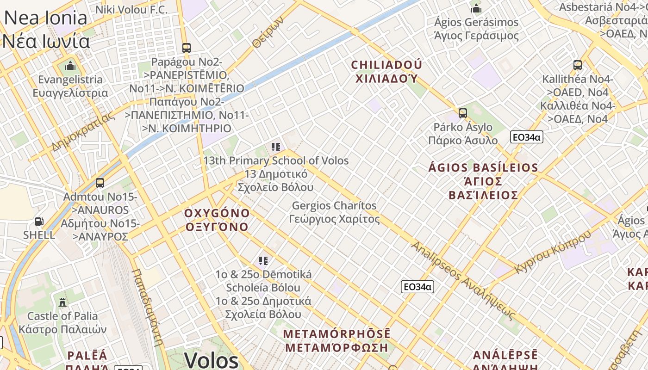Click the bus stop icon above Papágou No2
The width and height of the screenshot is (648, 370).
click(x=187, y=48)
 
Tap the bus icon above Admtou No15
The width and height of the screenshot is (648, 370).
click(x=100, y=183)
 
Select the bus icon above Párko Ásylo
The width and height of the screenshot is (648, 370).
click(x=462, y=113)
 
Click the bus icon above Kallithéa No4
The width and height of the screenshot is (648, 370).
click(x=577, y=65)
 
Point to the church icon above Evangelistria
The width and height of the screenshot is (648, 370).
click(x=70, y=66)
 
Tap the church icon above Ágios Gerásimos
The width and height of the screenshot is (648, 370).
click(x=476, y=8)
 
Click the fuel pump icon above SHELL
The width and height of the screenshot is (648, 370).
click(x=39, y=222)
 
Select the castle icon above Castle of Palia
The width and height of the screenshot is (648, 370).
click(x=62, y=302)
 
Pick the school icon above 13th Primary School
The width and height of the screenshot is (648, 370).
click(x=276, y=147)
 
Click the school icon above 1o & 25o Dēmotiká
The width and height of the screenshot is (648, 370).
click(x=263, y=261)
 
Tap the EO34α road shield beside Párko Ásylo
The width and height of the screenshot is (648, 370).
click(x=526, y=137)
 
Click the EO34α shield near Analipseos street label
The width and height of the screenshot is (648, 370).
click(x=417, y=287)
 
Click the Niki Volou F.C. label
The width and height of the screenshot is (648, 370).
click(x=131, y=9)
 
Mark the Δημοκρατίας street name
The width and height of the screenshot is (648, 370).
click(x=83, y=132)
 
